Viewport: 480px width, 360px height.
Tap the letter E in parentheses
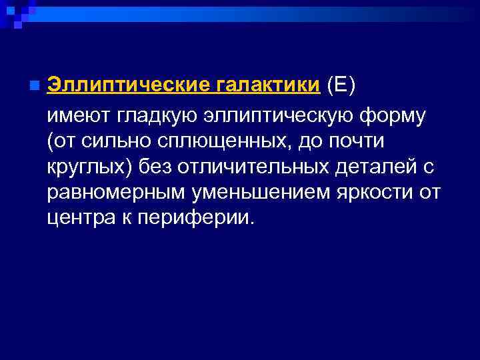tap(342, 86)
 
